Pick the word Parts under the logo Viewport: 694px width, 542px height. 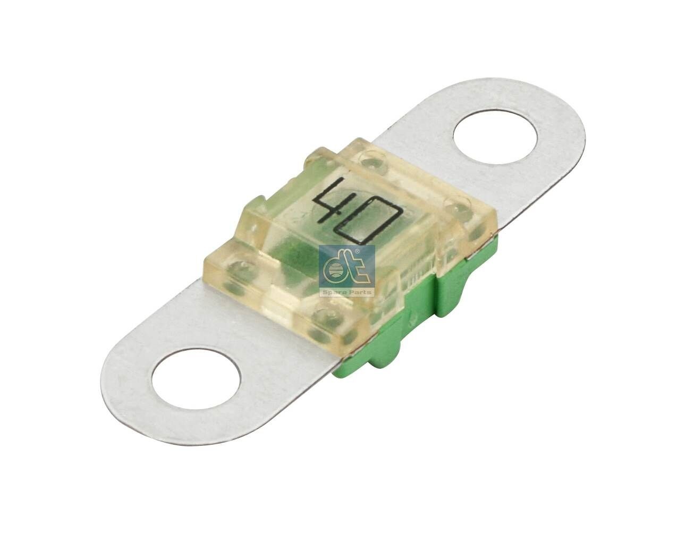point(361,292)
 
